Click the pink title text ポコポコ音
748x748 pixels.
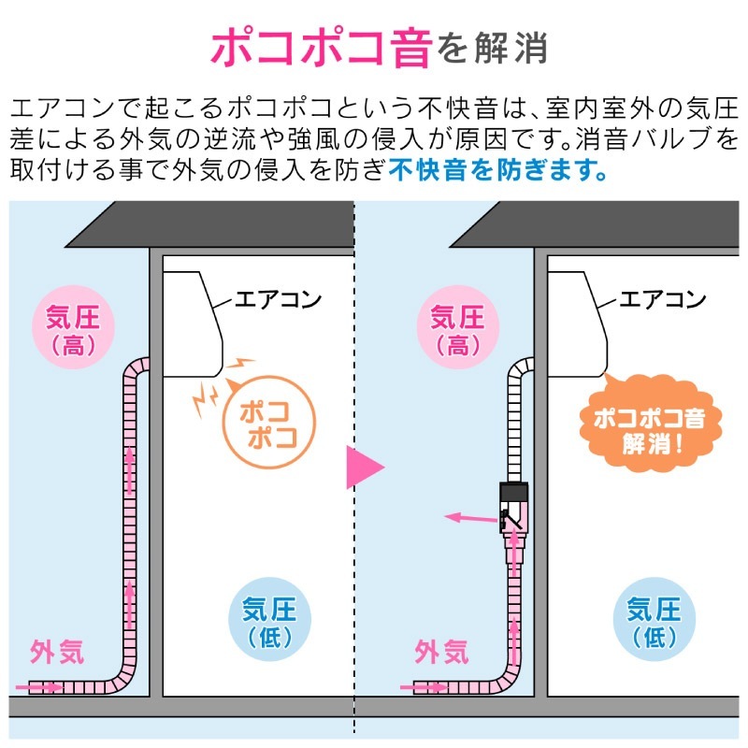pyautogui.click(x=321, y=47)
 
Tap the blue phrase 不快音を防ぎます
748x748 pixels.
pyautogui.click(x=498, y=170)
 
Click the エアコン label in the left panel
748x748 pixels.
pyautogui.click(x=278, y=299)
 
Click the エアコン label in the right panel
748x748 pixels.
pyautogui.click(x=663, y=299)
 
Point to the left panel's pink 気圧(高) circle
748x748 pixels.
pyautogui.click(x=73, y=327)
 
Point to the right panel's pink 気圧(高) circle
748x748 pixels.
pyautogui.click(x=458, y=327)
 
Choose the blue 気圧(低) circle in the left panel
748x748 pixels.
pyautogui.click(x=270, y=619)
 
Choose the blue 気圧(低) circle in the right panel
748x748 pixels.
pyautogui.click(x=654, y=619)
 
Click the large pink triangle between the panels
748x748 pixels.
pyautogui.click(x=365, y=467)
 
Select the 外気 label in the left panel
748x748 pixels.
pyautogui.click(x=57, y=651)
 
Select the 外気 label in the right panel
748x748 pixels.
pyautogui.click(x=441, y=651)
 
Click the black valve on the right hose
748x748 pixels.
pyautogui.click(x=513, y=507)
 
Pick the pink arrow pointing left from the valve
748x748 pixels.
pyautogui.click(x=471, y=518)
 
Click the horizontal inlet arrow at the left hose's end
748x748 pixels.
pyautogui.click(x=39, y=687)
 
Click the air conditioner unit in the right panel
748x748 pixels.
pyautogui.click(x=577, y=324)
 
